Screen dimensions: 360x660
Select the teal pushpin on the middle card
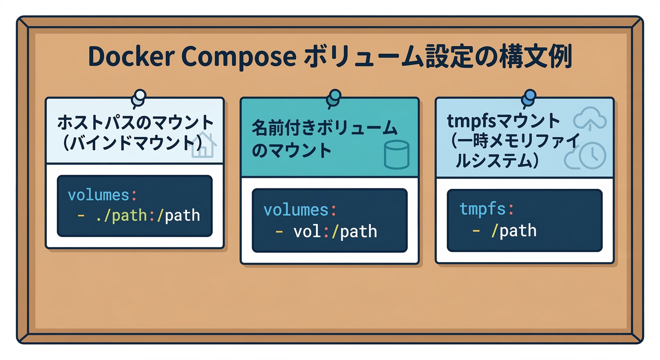point(334,97)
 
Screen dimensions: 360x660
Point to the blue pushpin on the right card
point(528,97)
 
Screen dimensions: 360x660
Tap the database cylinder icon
point(396,154)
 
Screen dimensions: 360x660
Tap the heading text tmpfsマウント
point(503,121)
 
